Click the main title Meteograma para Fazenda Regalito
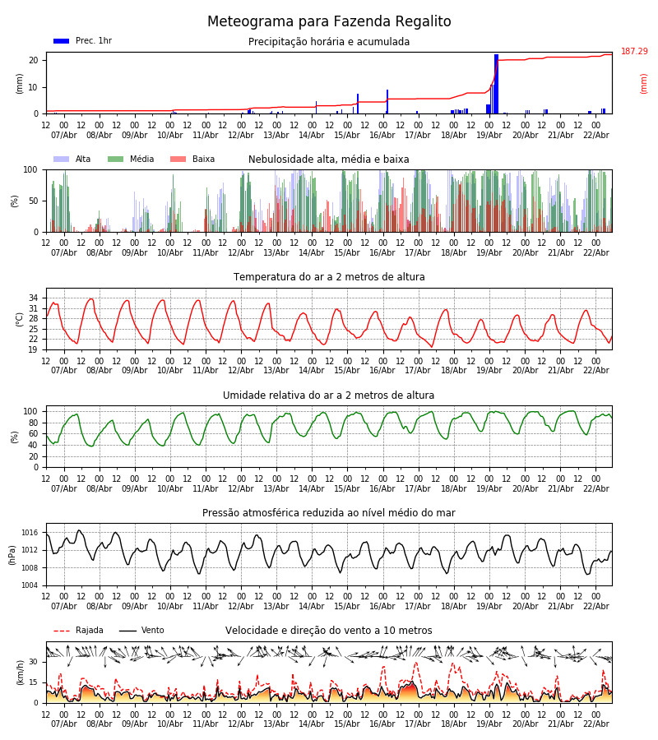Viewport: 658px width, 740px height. click(329, 22)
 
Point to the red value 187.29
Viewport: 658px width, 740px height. click(634, 52)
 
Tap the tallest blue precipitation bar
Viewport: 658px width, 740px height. click(496, 82)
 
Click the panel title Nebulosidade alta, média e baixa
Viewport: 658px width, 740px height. click(329, 160)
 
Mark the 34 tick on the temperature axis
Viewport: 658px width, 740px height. click(34, 298)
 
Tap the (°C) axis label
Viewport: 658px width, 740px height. click(20, 319)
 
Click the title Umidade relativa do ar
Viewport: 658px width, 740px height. click(329, 395)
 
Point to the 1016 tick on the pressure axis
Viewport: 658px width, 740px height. click(30, 533)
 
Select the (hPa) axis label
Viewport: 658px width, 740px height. click(13, 554)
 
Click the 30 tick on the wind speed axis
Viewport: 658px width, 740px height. click(34, 662)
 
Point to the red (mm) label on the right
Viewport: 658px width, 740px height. click(644, 83)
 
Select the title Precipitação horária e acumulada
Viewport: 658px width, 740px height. click(329, 42)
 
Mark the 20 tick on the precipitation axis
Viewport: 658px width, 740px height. click(34, 60)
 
